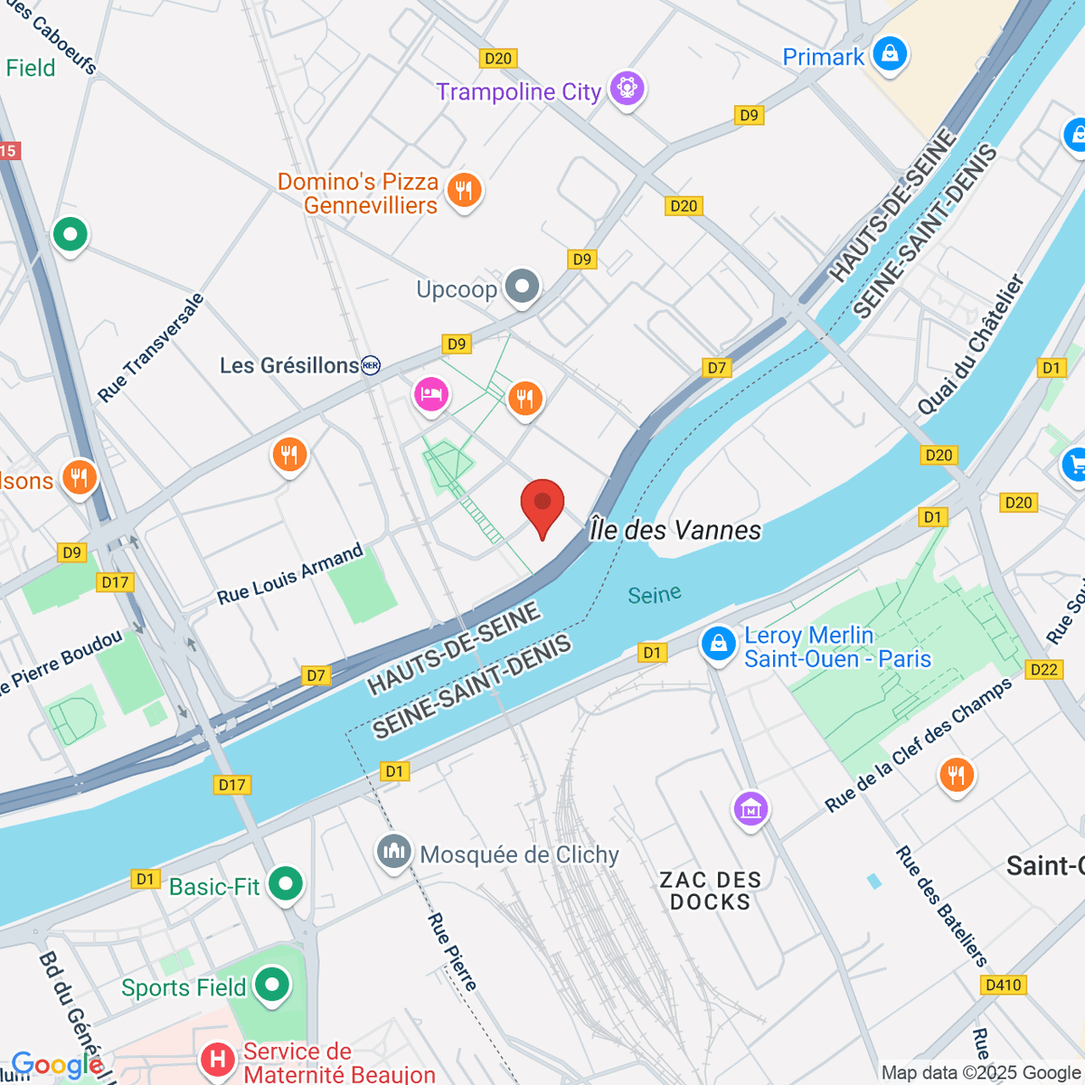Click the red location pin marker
pyautogui.click(x=542, y=504)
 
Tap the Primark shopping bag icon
pyautogui.click(x=890, y=53)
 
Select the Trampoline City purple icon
pyautogui.click(x=627, y=89)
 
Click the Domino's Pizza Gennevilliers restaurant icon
pyautogui.click(x=464, y=190)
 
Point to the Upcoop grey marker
pyautogui.click(x=522, y=287)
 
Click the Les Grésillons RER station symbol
pyautogui.click(x=371, y=365)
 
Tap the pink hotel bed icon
pyautogui.click(x=431, y=393)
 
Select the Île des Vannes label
pyautogui.click(x=675, y=530)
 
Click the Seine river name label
pyautogui.click(x=655, y=594)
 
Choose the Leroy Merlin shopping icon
pyautogui.click(x=718, y=644)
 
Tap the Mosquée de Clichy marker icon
pyautogui.click(x=393, y=851)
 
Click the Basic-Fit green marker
pyautogui.click(x=286, y=883)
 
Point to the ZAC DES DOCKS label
pyautogui.click(x=710, y=891)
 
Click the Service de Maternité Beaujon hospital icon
pyautogui.click(x=217, y=1059)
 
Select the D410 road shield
pyautogui.click(x=1004, y=985)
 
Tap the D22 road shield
pyautogui.click(x=1043, y=669)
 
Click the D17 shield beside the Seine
pyautogui.click(x=232, y=785)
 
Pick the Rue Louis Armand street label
pyautogui.click(x=289, y=574)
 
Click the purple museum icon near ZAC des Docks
pyautogui.click(x=751, y=807)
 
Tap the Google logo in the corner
pyautogui.click(x=56, y=1065)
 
